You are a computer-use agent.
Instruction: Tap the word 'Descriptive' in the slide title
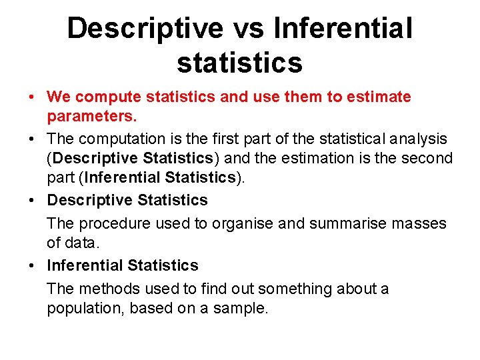(x=145, y=28)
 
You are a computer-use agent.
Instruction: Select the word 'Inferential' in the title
(x=343, y=28)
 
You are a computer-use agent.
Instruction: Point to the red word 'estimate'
(x=379, y=97)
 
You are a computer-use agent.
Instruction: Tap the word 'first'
(x=221, y=139)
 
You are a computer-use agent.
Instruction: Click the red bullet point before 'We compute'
(x=33, y=97)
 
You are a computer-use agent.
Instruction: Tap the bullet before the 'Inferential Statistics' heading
(x=33, y=265)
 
